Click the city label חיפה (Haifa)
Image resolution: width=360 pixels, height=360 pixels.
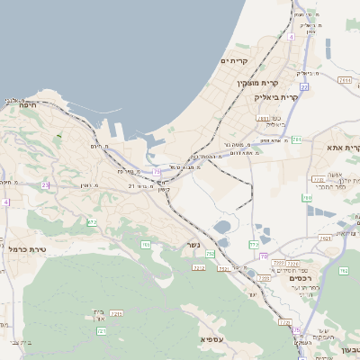(27, 105)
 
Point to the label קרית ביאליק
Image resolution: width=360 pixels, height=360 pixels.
(275, 96)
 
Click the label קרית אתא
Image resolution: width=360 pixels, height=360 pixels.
(343, 148)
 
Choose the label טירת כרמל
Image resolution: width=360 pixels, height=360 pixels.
(27, 248)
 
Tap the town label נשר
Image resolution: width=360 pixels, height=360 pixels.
(195, 245)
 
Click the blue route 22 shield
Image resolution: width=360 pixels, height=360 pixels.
(304, 87)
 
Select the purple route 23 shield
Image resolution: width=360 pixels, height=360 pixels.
(45, 185)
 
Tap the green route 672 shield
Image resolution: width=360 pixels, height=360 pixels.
(92, 222)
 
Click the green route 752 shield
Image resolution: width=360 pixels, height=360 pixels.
(211, 255)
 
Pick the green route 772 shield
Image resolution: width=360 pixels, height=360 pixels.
(254, 244)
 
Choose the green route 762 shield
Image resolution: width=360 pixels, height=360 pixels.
(343, 270)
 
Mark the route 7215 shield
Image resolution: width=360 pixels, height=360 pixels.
(116, 313)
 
